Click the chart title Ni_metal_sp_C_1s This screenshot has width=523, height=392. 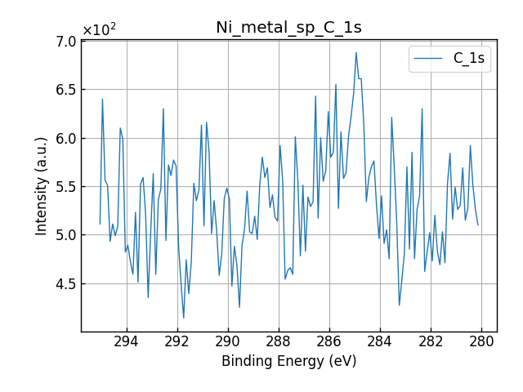288,27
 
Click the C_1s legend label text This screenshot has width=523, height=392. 468,59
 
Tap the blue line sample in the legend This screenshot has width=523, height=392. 429,59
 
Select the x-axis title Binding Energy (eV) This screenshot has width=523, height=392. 288,361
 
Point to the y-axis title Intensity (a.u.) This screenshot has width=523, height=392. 42,186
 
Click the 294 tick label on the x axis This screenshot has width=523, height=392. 127,341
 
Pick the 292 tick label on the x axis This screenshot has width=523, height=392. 177,341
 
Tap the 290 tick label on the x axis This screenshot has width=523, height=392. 228,341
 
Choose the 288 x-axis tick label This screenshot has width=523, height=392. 279,341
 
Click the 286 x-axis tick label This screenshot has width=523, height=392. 329,341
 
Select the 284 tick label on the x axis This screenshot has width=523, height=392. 380,341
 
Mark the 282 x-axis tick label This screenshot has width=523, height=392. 431,341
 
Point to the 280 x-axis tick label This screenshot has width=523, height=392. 481,341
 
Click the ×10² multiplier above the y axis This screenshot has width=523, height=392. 99,30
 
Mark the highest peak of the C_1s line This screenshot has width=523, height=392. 356,52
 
